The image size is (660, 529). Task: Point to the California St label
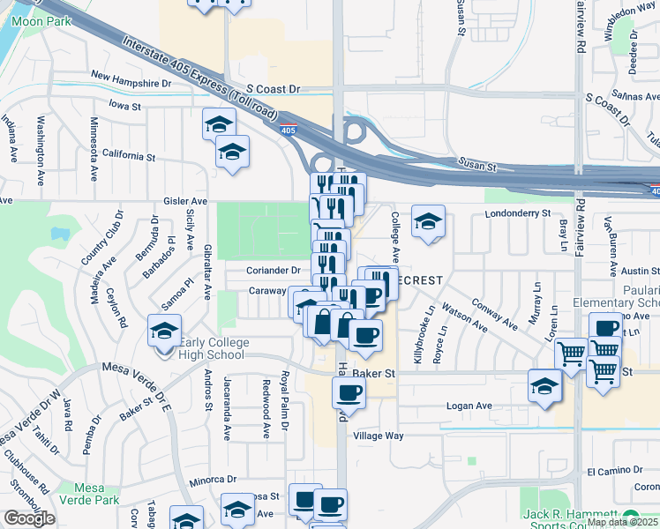pos(128,156)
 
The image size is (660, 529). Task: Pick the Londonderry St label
pos(517,213)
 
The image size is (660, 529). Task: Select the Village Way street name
pos(378,436)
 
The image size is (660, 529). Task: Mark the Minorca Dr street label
pos(213,481)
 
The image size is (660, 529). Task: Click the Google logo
pos(29,518)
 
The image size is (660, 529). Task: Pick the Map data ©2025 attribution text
pos(623,522)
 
